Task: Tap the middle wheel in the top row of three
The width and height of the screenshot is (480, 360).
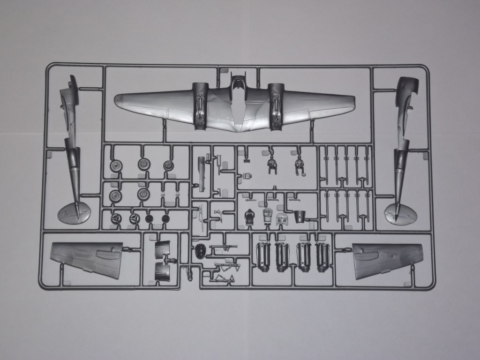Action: pos(143,164)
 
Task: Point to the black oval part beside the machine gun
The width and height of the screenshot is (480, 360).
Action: pos(200,251)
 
